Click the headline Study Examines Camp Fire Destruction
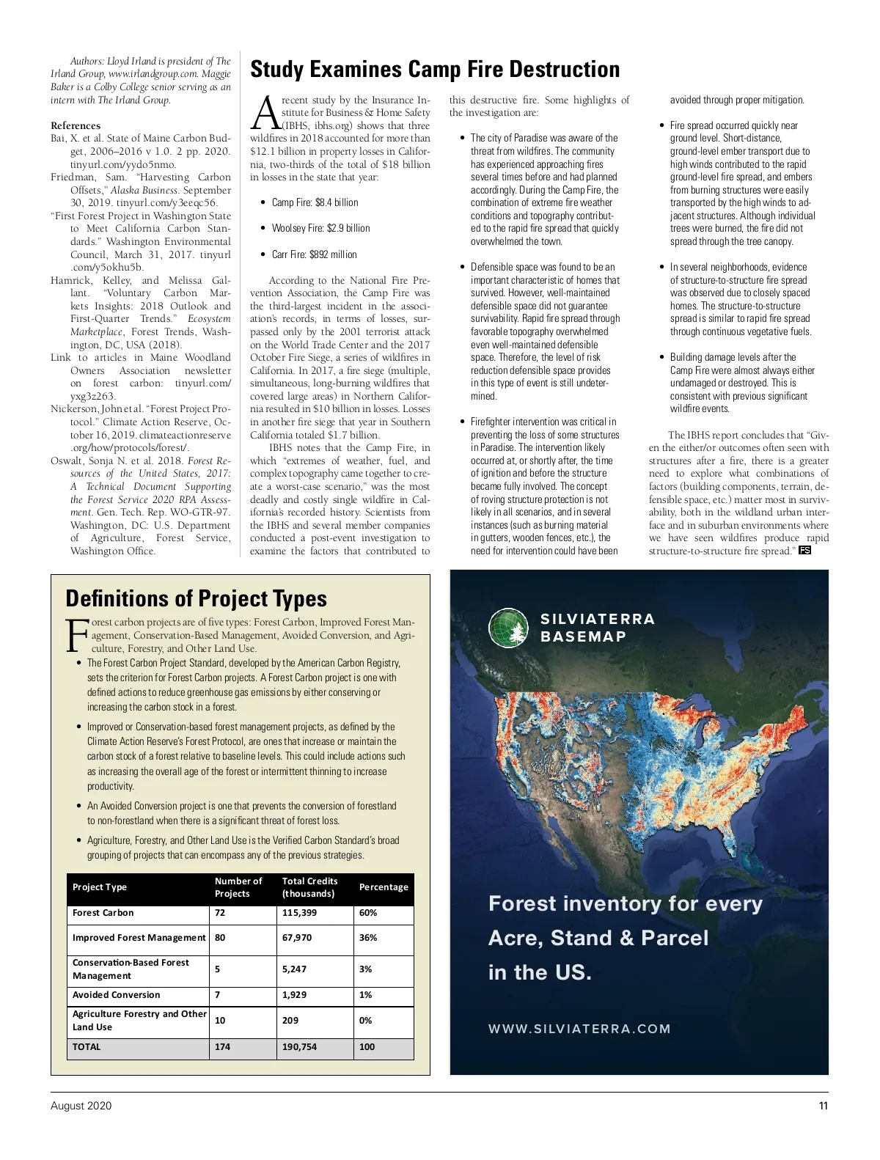coord(435,70)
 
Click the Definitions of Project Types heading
coord(196,598)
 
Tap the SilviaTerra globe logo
coord(509,628)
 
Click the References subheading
coord(76,125)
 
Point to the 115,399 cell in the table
coord(300,913)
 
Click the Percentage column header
coord(384,887)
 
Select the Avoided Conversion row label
coord(116,995)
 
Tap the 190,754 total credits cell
coord(300,1047)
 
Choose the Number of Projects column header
coord(238,887)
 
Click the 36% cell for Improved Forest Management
coord(368,938)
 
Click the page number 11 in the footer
coord(824,1106)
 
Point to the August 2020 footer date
coord(81,1106)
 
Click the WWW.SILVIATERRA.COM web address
coord(579,1029)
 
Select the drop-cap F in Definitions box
coord(76,636)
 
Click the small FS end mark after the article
coord(804,551)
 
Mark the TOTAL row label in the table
coord(87,1047)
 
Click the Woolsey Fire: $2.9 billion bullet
coord(320,228)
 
